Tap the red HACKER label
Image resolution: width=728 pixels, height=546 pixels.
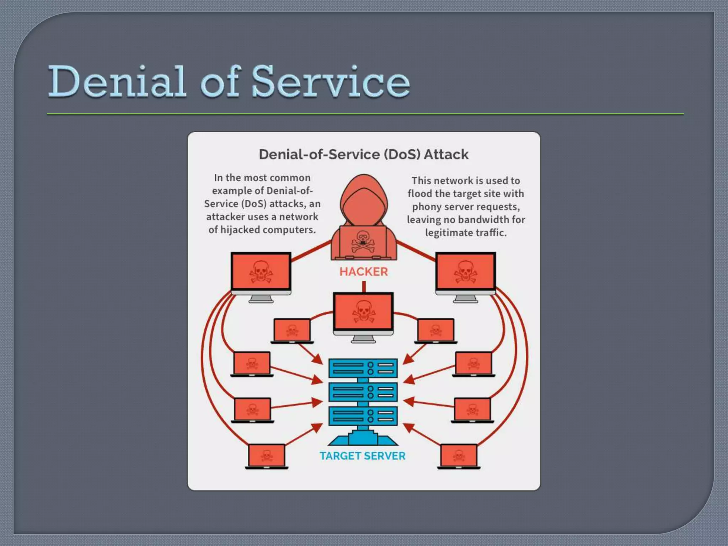(x=363, y=272)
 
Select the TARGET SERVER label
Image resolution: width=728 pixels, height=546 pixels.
(x=362, y=456)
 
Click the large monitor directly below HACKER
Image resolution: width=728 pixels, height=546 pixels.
(x=363, y=312)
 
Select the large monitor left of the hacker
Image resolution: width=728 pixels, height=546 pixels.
(x=261, y=272)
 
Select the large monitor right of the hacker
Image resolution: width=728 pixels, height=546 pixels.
(x=465, y=272)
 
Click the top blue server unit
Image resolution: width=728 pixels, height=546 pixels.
(x=363, y=368)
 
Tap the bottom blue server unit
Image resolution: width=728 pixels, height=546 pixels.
(x=363, y=416)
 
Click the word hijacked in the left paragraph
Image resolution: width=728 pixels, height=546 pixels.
(x=240, y=230)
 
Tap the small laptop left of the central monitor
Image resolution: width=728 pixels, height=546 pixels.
(x=292, y=330)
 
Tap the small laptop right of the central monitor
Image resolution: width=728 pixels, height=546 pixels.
(x=435, y=330)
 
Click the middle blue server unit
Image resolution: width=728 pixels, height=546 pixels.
(x=363, y=392)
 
